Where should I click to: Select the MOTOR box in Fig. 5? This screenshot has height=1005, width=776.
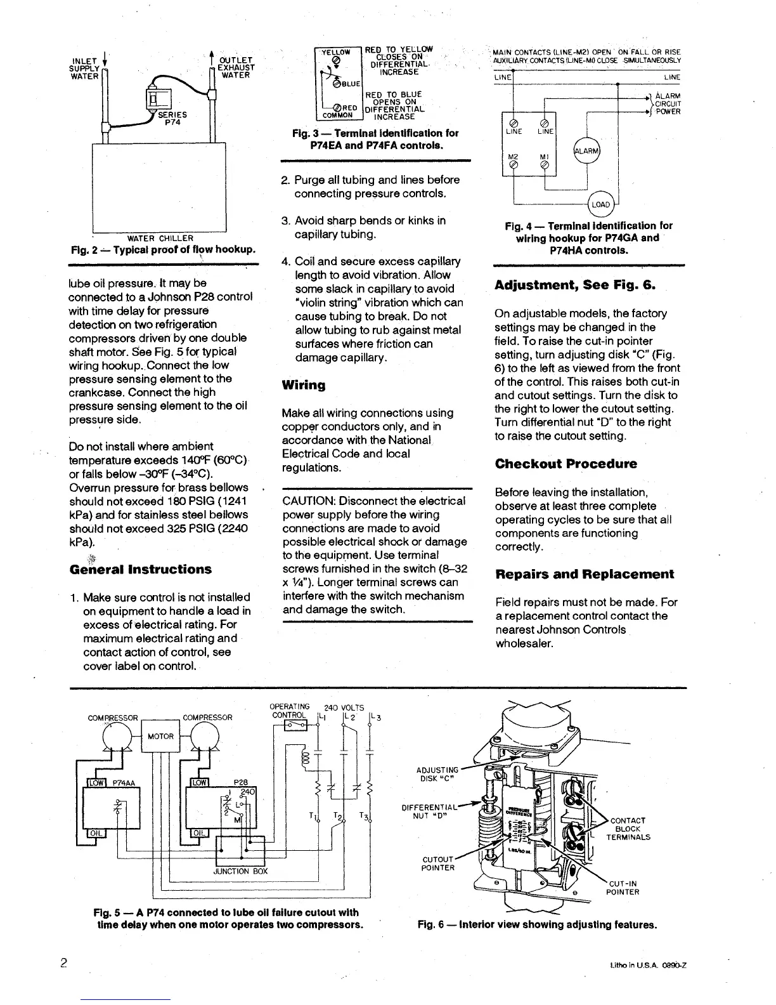point(160,737)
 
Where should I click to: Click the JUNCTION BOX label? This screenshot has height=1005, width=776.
point(242,871)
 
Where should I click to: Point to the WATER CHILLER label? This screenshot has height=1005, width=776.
point(160,239)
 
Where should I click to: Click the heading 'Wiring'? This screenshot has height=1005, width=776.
point(303,385)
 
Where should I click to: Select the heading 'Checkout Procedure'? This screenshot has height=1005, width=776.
point(566,464)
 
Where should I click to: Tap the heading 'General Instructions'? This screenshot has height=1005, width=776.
point(140,569)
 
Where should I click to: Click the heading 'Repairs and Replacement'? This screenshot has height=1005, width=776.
point(584,574)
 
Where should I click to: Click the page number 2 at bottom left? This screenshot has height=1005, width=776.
point(63,962)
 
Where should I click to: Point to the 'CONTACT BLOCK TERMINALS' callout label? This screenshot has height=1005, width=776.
point(627,829)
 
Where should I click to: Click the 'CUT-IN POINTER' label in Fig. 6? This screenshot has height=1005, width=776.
point(624,887)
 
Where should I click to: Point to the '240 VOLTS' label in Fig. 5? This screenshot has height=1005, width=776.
point(344,707)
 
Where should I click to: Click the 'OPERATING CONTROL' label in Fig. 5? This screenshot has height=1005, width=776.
point(289,711)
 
